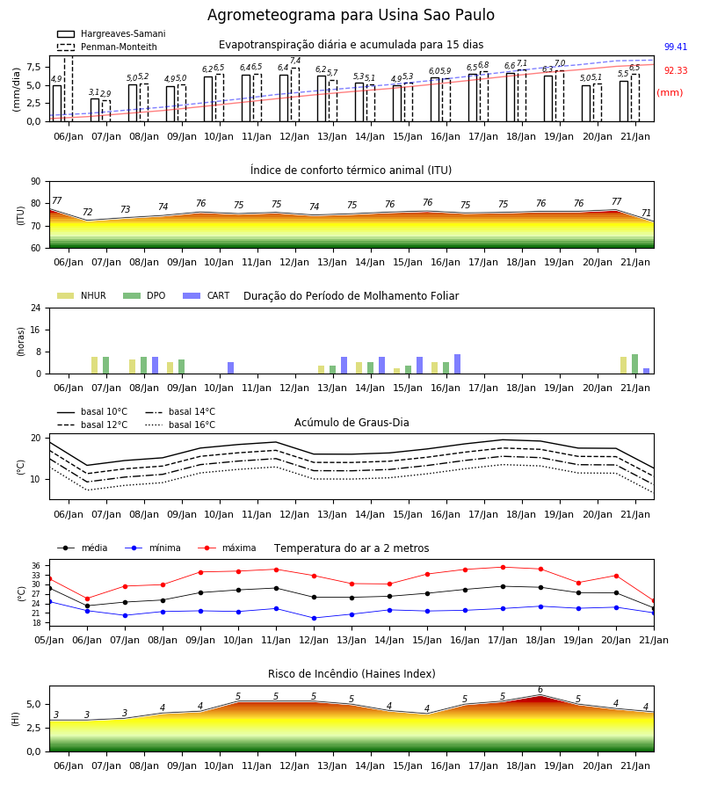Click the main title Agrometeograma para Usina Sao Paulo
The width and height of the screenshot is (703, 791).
[351, 15]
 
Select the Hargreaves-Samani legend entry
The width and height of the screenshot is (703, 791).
[111, 33]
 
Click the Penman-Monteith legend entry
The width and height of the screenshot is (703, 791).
[107, 47]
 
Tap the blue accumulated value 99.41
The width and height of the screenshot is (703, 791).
[676, 47]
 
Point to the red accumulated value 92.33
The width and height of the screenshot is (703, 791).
[676, 70]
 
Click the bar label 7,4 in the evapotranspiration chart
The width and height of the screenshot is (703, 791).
[295, 61]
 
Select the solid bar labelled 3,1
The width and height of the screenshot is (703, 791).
[95, 110]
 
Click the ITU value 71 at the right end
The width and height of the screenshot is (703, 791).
[646, 213]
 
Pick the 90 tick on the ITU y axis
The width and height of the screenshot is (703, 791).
[36, 182]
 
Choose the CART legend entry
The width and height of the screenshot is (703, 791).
[207, 295]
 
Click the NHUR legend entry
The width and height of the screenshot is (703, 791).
[82, 295]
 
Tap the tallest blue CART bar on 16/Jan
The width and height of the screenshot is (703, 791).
[458, 364]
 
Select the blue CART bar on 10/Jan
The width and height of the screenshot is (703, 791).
[230, 368]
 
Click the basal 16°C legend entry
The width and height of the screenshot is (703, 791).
[180, 425]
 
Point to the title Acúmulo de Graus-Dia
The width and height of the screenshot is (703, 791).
[351, 423]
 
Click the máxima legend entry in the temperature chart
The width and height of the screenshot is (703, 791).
[227, 548]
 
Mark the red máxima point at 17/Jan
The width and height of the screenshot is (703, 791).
[503, 567]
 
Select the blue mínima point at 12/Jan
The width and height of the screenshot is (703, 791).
[315, 618]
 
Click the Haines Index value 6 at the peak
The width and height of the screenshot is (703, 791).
[540, 690]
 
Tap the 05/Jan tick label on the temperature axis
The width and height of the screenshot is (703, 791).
[49, 640]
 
